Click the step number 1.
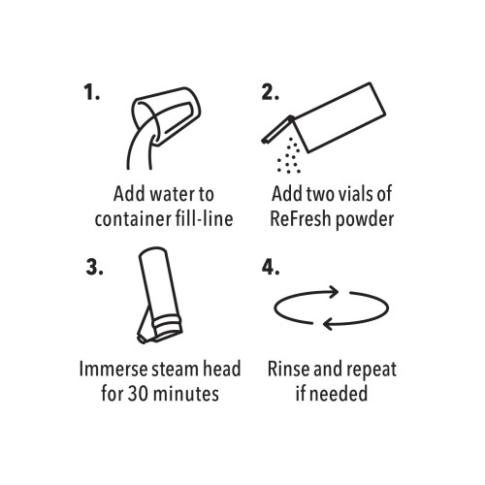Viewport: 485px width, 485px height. coord(91,92)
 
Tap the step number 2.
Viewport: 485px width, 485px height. coord(270,92)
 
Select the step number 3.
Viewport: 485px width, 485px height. coord(94,267)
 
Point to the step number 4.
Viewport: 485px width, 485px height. coord(271,267)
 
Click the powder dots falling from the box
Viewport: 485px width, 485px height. coord(289,156)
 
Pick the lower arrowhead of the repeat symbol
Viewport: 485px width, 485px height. coord(329,323)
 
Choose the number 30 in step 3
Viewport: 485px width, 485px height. coord(138,394)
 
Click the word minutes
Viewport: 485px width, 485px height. coord(186,394)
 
